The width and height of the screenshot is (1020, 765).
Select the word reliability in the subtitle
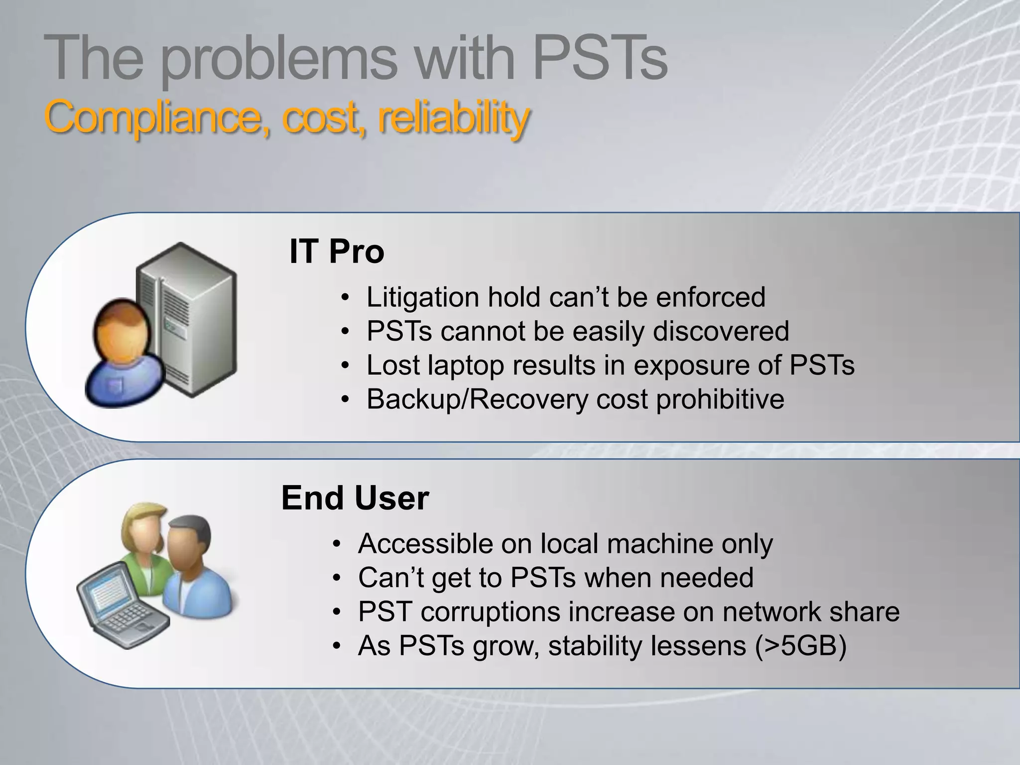click(453, 118)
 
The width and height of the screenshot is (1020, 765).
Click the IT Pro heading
click(337, 252)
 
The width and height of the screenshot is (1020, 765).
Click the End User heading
click(355, 498)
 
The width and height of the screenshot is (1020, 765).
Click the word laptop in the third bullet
click(466, 366)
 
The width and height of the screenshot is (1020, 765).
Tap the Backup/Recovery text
click(477, 400)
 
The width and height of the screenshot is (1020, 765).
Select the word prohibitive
click(720, 400)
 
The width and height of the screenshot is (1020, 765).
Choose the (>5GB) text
click(800, 646)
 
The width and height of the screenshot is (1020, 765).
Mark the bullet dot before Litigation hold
click(345, 298)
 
